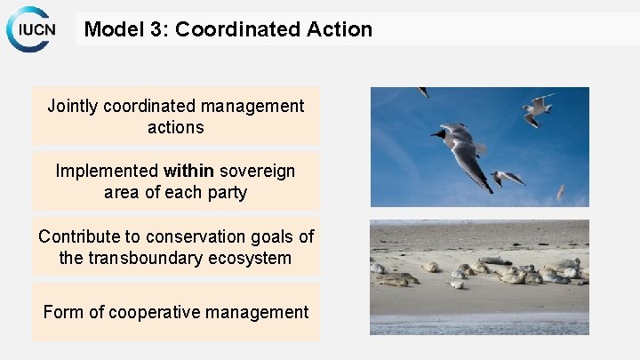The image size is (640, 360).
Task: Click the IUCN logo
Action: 31,29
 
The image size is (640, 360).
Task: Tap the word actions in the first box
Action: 175,127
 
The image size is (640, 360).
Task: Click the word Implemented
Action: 107,171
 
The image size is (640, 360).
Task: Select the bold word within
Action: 188,171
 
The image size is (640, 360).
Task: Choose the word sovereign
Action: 258,171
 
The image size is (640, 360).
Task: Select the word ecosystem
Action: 256,258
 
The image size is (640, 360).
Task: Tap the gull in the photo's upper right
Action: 535,108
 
